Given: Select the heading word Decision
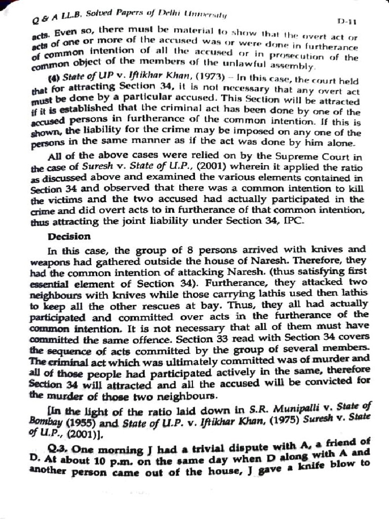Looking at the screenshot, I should click(x=69, y=236).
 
